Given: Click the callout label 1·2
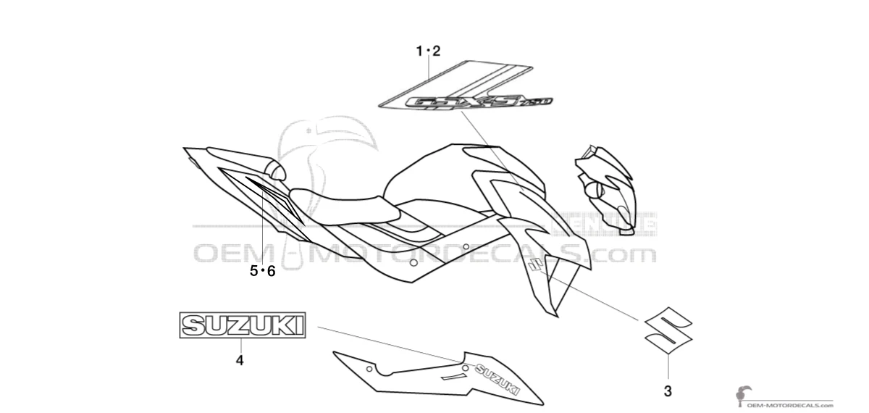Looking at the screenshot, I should pos(428,51).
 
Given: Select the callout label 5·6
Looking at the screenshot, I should pos(263,272).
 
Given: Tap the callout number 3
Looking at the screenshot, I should pos(667,391).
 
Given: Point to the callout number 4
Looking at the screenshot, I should pos(240,359).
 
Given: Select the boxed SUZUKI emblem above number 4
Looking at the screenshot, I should pos(243,325).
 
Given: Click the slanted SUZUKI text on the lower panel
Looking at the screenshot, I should pos(497,377).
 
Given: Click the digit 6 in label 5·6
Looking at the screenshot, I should pos(272,272).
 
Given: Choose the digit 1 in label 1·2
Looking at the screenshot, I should pos(419,51).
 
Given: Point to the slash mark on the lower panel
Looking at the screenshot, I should pos(453,377).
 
